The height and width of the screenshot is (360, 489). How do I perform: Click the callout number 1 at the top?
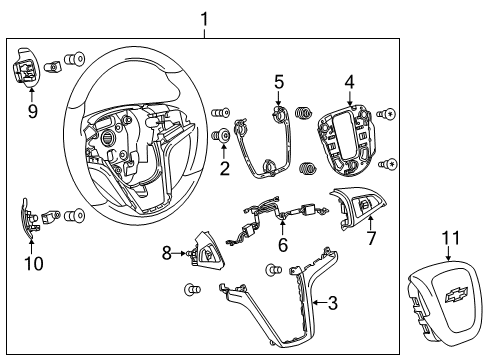tap(204, 17)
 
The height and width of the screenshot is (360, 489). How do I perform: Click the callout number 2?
tap(224, 167)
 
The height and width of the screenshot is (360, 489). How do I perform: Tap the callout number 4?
tap(350, 81)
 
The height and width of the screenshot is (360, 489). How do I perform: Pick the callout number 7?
tap(371, 240)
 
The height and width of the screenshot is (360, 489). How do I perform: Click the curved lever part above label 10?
tap(27, 219)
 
